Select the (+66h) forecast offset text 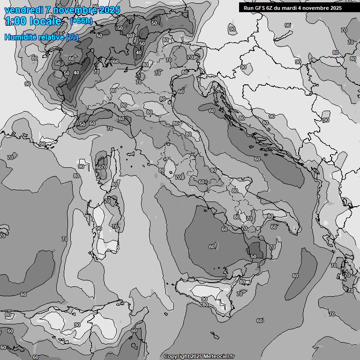[81, 21]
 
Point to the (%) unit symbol [72, 37]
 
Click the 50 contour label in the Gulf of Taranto [254, 256]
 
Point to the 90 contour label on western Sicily [204, 299]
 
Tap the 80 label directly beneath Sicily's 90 [205, 305]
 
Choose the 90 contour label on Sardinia [99, 228]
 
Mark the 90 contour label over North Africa [77, 325]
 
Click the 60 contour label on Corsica [98, 167]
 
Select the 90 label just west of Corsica [81, 166]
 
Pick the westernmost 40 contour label [76, 73]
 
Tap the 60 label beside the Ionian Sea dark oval [295, 276]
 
